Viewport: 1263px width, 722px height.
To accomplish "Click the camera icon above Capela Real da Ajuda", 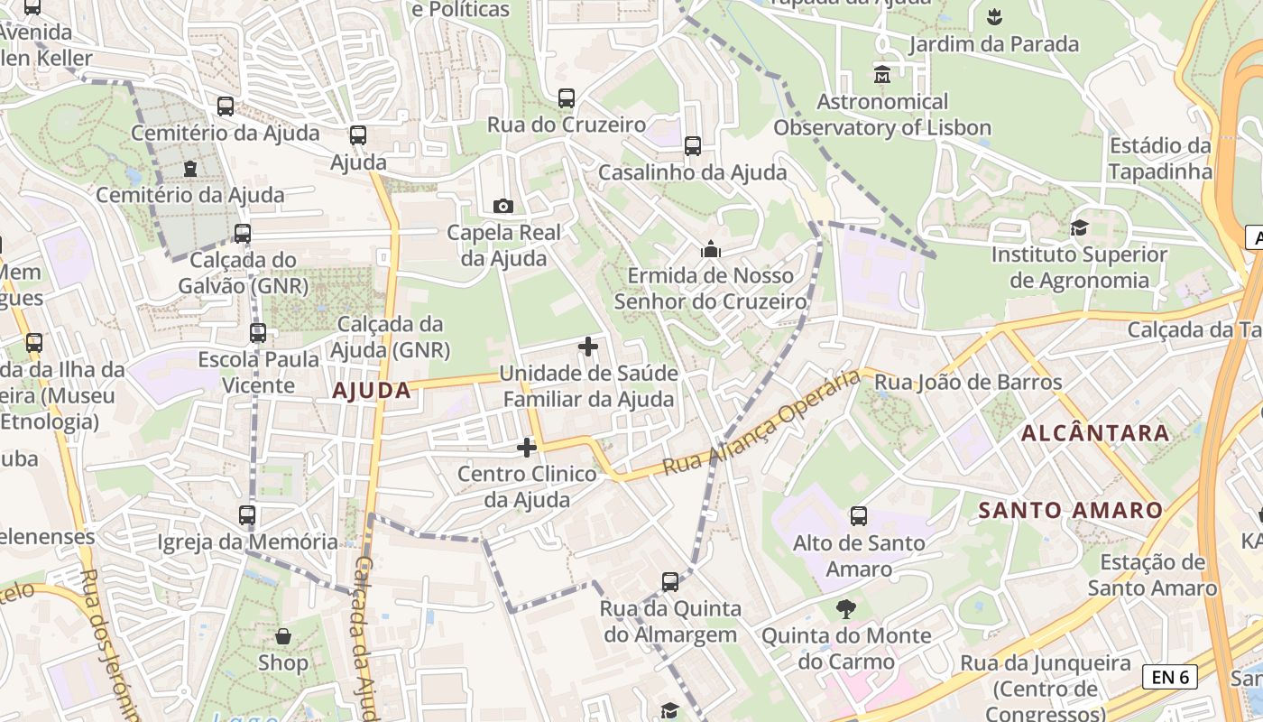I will [503, 207].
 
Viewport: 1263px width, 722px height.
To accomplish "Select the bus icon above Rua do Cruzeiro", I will [566, 98].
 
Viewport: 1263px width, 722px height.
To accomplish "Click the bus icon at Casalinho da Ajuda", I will [693, 145].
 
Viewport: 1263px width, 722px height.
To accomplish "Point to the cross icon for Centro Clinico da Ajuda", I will [527, 447].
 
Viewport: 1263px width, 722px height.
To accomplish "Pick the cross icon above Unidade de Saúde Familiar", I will [588, 346].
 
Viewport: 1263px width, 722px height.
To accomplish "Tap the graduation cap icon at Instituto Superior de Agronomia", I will [1079, 228].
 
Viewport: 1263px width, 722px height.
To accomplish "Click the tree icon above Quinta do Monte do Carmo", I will [845, 609].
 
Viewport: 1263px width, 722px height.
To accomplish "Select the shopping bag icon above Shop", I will [283, 636].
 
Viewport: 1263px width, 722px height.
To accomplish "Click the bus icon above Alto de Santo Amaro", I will [859, 516].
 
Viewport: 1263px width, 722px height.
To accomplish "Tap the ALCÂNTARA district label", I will [1095, 433].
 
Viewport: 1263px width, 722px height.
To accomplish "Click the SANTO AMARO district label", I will [1071, 510].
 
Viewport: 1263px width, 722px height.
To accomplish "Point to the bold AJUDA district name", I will [372, 391].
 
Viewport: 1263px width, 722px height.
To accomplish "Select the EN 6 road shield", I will [1170, 677].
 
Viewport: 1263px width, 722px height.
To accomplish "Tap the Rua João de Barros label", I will [968, 383].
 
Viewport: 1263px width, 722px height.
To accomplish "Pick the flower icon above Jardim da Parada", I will [994, 16].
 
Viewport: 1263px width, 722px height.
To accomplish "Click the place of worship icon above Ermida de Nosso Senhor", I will [711, 248].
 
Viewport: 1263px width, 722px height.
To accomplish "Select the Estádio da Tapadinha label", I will [1160, 158].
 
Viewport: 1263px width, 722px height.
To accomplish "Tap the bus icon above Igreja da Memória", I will [247, 515].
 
